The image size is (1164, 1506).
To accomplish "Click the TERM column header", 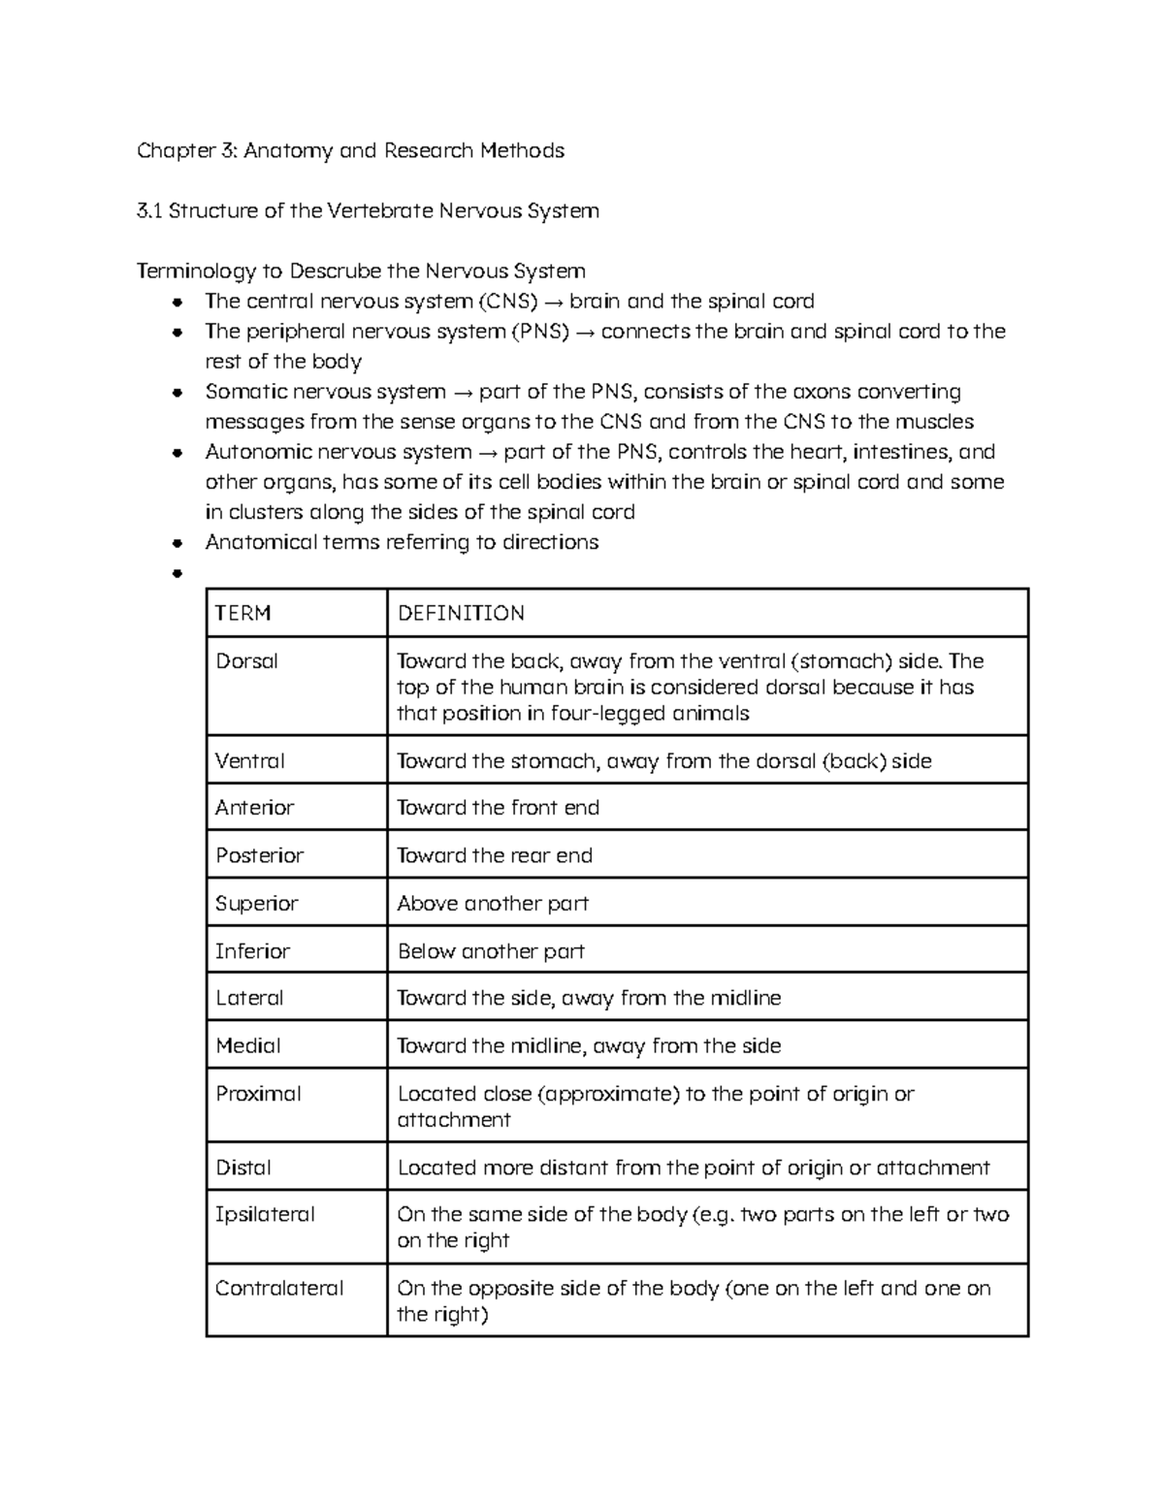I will tap(242, 613).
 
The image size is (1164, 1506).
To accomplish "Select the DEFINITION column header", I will tap(461, 613).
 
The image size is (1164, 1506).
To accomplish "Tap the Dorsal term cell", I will tap(246, 661).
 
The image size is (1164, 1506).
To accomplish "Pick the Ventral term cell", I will tap(249, 761).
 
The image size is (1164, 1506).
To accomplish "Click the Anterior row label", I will tap(254, 808).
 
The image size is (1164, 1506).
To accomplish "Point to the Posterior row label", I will tap(259, 855).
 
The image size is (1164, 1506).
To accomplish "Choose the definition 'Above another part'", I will tap(493, 904).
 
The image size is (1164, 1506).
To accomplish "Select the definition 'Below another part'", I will tap(491, 951).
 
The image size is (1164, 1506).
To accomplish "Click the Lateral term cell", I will tap(249, 998).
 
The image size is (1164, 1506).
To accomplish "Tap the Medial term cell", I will tap(247, 1045).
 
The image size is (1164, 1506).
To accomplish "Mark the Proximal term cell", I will tap(258, 1094).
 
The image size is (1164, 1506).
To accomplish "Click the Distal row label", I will tap(242, 1168).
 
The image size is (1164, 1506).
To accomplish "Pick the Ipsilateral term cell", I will tap(265, 1214).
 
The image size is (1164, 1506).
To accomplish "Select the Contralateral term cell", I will tap(279, 1289).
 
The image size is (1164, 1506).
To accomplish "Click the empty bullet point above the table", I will tap(177, 573).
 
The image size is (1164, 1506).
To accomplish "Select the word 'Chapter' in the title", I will tap(174, 150).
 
